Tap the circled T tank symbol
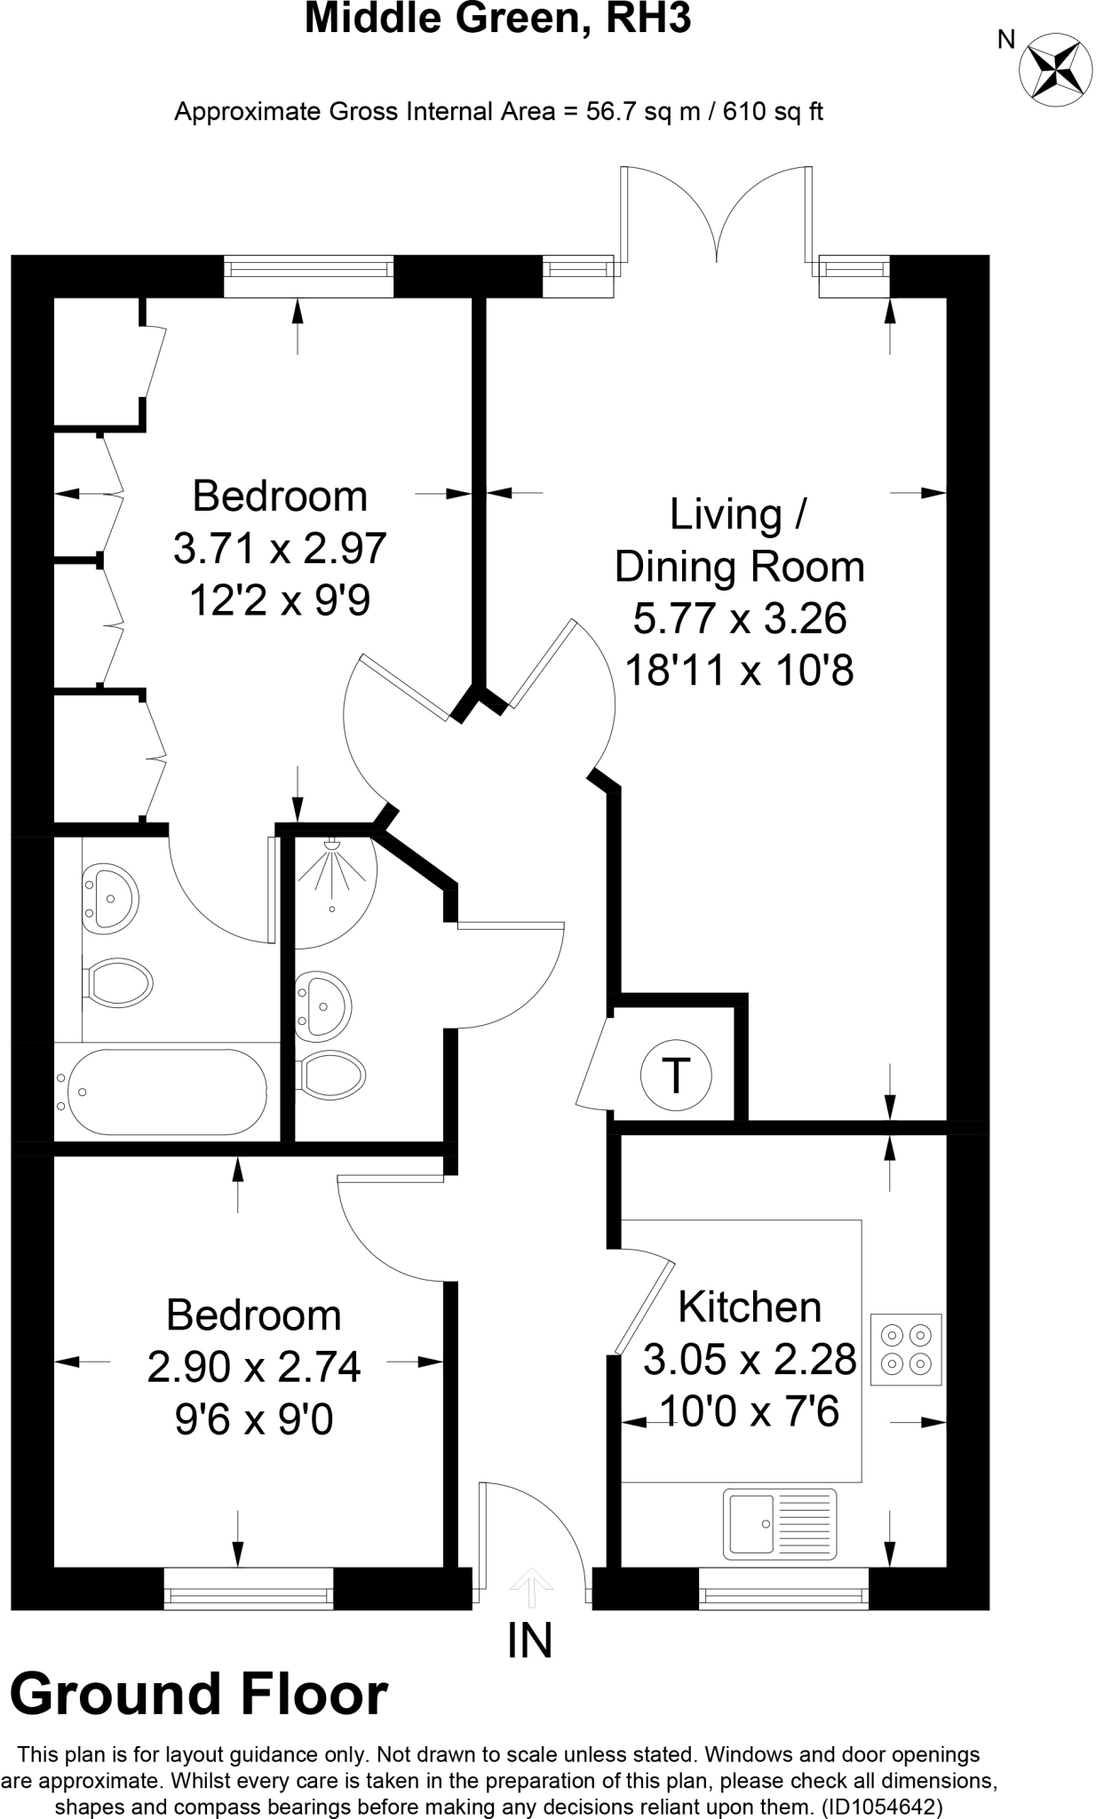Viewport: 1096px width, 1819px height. pos(676,1076)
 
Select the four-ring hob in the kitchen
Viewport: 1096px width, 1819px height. pos(906,1349)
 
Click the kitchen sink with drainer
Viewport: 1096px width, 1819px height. pos(781,1523)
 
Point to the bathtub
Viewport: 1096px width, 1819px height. pos(161,1092)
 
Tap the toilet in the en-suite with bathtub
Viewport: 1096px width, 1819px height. pos(119,981)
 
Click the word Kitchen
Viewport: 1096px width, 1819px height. pos(750,1307)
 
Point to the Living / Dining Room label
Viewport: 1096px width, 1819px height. pos(739,540)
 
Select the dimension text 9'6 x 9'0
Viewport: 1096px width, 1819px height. pos(253,1420)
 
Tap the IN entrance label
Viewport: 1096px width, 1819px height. pos(530,1640)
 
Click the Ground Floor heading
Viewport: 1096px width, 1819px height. pos(199,1694)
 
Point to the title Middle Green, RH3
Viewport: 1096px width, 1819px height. pos(497,20)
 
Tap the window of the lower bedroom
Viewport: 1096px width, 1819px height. pos(249,1588)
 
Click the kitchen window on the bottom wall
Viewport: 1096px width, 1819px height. pos(783,1588)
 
